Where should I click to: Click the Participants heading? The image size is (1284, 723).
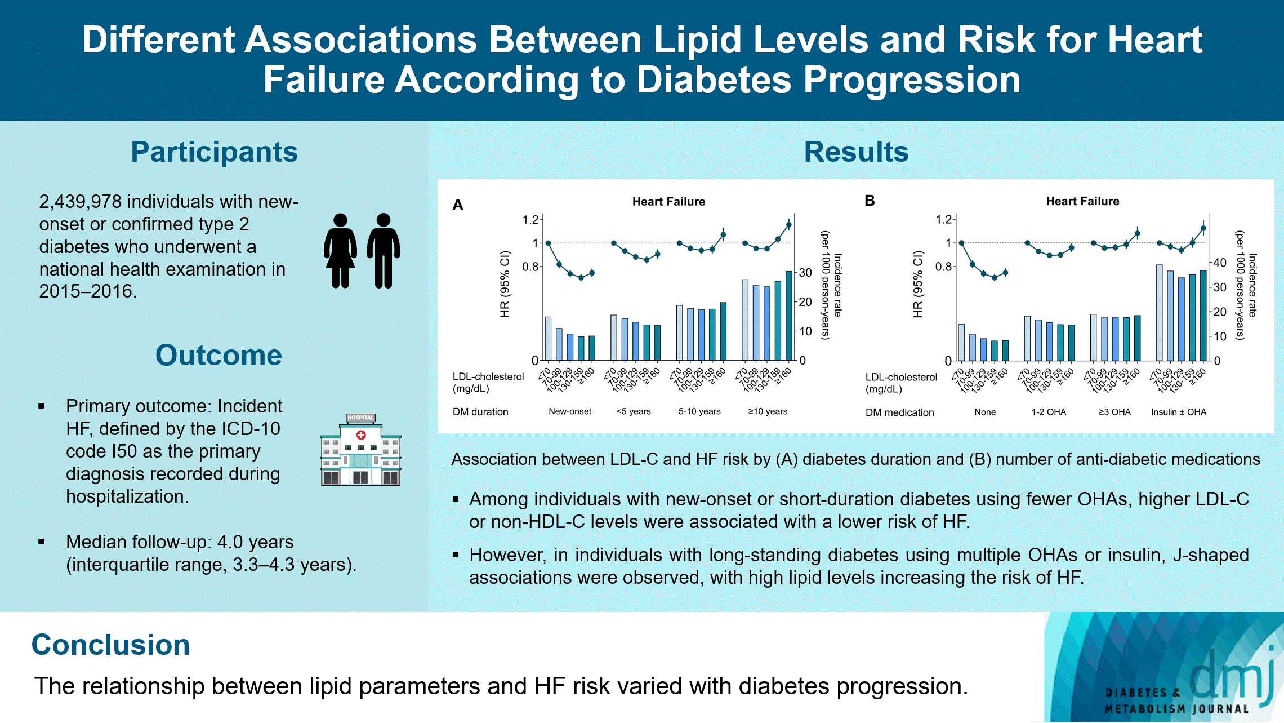pyautogui.click(x=214, y=152)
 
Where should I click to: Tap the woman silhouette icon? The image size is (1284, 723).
pyautogui.click(x=340, y=251)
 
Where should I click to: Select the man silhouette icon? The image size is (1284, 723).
pyautogui.click(x=384, y=251)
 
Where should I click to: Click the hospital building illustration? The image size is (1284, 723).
pyautogui.click(x=360, y=450)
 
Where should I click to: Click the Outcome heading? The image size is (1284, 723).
pyautogui.click(x=219, y=356)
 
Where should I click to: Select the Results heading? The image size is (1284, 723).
pyautogui.click(x=856, y=152)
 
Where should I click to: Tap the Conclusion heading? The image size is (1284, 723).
pyautogui.click(x=110, y=645)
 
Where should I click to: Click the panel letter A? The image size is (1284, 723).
pyautogui.click(x=458, y=205)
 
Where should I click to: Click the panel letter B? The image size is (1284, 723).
pyautogui.click(x=870, y=201)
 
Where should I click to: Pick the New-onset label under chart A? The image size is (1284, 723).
pyautogui.click(x=570, y=412)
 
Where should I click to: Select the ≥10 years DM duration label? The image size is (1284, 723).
pyautogui.click(x=768, y=412)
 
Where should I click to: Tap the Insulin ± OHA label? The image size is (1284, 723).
pyautogui.click(x=1179, y=412)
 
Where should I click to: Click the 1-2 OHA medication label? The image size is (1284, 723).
pyautogui.click(x=1049, y=412)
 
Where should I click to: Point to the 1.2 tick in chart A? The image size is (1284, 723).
pyautogui.click(x=530, y=220)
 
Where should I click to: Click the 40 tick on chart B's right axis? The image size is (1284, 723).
pyautogui.click(x=1220, y=263)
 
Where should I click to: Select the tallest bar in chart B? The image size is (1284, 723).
pyautogui.click(x=1160, y=313)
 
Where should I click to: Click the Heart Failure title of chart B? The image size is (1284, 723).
pyautogui.click(x=1082, y=201)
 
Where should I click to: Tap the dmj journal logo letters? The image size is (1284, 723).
pyautogui.click(x=1233, y=673)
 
